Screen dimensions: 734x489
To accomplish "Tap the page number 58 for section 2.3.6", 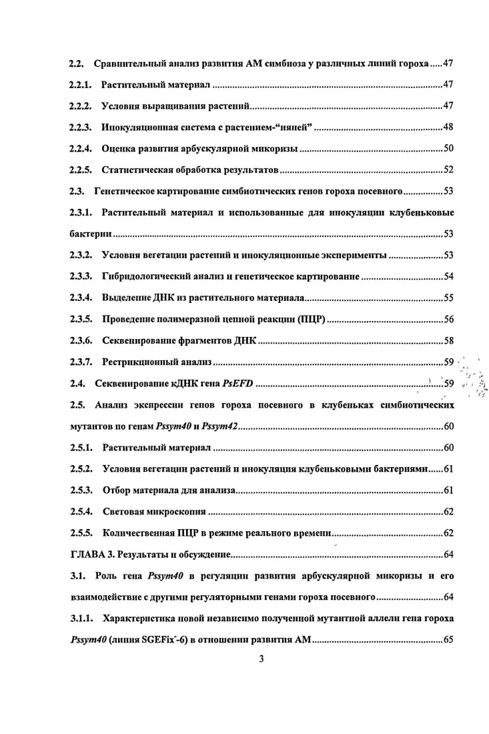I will (448, 340).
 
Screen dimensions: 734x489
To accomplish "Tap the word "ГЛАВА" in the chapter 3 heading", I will (88, 554).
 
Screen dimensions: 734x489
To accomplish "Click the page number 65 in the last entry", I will (448, 639).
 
